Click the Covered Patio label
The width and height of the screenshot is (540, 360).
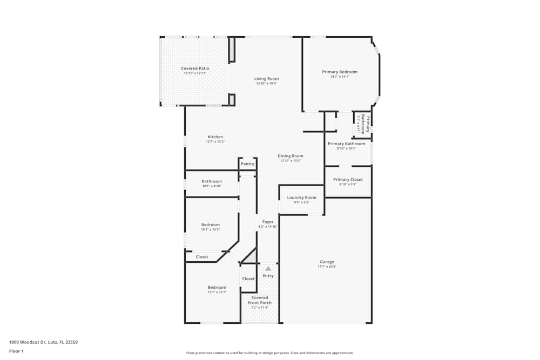point(195,69)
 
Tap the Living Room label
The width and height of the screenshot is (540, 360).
point(266,79)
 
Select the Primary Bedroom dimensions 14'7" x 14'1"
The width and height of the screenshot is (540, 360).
point(340,77)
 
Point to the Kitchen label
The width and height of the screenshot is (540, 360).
point(215,137)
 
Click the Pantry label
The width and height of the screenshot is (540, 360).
point(247,164)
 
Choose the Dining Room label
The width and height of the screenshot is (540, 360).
point(291,156)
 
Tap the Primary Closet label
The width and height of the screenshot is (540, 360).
point(348,180)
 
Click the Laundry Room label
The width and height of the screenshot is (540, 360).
point(301,198)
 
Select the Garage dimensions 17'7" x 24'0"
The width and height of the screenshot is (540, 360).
point(327,267)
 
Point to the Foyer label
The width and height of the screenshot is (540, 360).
point(268,222)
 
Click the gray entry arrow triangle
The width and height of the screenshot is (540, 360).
point(268,268)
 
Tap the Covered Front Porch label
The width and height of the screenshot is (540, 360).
point(260,300)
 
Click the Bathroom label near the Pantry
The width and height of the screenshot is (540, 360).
point(212,181)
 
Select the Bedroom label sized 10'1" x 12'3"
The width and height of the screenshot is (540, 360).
point(211,225)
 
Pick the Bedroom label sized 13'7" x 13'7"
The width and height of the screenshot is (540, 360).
point(217,288)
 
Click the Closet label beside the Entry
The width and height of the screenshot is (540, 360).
point(248,279)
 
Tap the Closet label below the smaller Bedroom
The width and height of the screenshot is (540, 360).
point(202,257)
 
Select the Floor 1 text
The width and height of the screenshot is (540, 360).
point(16,351)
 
